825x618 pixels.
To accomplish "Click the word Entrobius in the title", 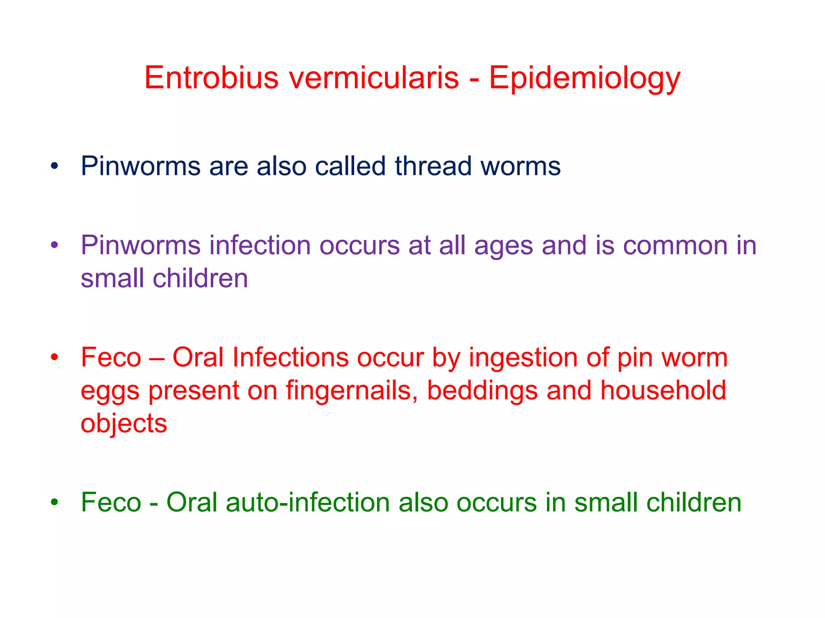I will click(211, 77).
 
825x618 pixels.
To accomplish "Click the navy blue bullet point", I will click(55, 166).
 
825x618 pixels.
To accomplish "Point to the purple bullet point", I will click(55, 245).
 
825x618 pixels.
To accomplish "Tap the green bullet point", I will click(55, 502).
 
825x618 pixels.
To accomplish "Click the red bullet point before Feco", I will click(55, 357).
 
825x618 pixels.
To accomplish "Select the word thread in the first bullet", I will click(433, 166).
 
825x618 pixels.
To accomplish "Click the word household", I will click(663, 390).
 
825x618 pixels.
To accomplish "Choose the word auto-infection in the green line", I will click(308, 502).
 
